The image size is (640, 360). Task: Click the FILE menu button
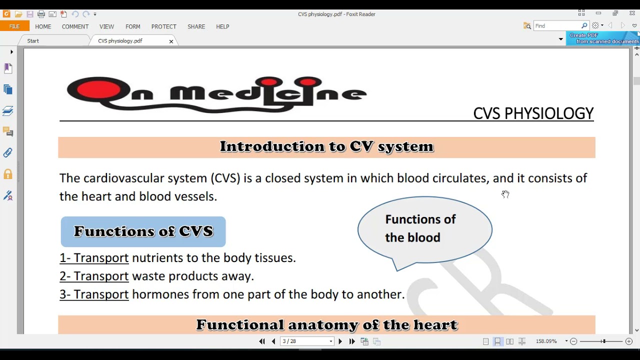pos(14,26)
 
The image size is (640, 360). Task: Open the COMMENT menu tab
pos(75,26)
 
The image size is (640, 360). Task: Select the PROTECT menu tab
pos(163,26)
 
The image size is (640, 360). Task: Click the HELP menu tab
pos(222,26)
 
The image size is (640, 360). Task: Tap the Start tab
pos(33,41)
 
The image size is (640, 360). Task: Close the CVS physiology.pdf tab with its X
pos(171,41)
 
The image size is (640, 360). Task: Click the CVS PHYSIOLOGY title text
pos(533,114)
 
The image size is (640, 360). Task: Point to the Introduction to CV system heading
pos(326,147)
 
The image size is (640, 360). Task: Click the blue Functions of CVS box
pos(143,231)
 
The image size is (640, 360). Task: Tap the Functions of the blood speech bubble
pos(424,229)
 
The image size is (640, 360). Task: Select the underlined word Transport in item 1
pos(101,258)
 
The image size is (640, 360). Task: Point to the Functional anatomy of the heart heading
pos(326,325)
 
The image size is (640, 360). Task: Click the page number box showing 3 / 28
pos(306,341)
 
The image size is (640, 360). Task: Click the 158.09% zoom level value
pos(546,341)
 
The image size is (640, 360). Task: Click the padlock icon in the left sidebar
pos(8,174)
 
